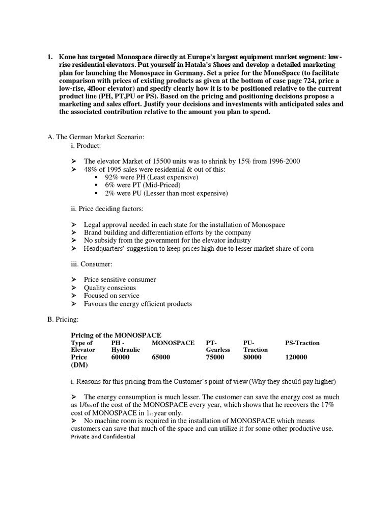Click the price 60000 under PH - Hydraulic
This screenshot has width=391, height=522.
coord(120,358)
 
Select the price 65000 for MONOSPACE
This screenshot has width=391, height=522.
coord(161,358)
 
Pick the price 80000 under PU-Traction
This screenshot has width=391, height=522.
coord(253,358)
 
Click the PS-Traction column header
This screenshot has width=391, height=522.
coord(302,343)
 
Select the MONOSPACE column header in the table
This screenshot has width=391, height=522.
coord(173,343)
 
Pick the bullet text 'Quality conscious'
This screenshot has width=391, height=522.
coord(110,288)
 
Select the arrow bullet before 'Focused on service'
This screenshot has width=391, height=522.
coord(74,296)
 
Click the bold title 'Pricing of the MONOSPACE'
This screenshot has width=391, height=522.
coord(116,335)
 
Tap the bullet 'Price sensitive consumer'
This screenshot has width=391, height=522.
coord(120,280)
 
